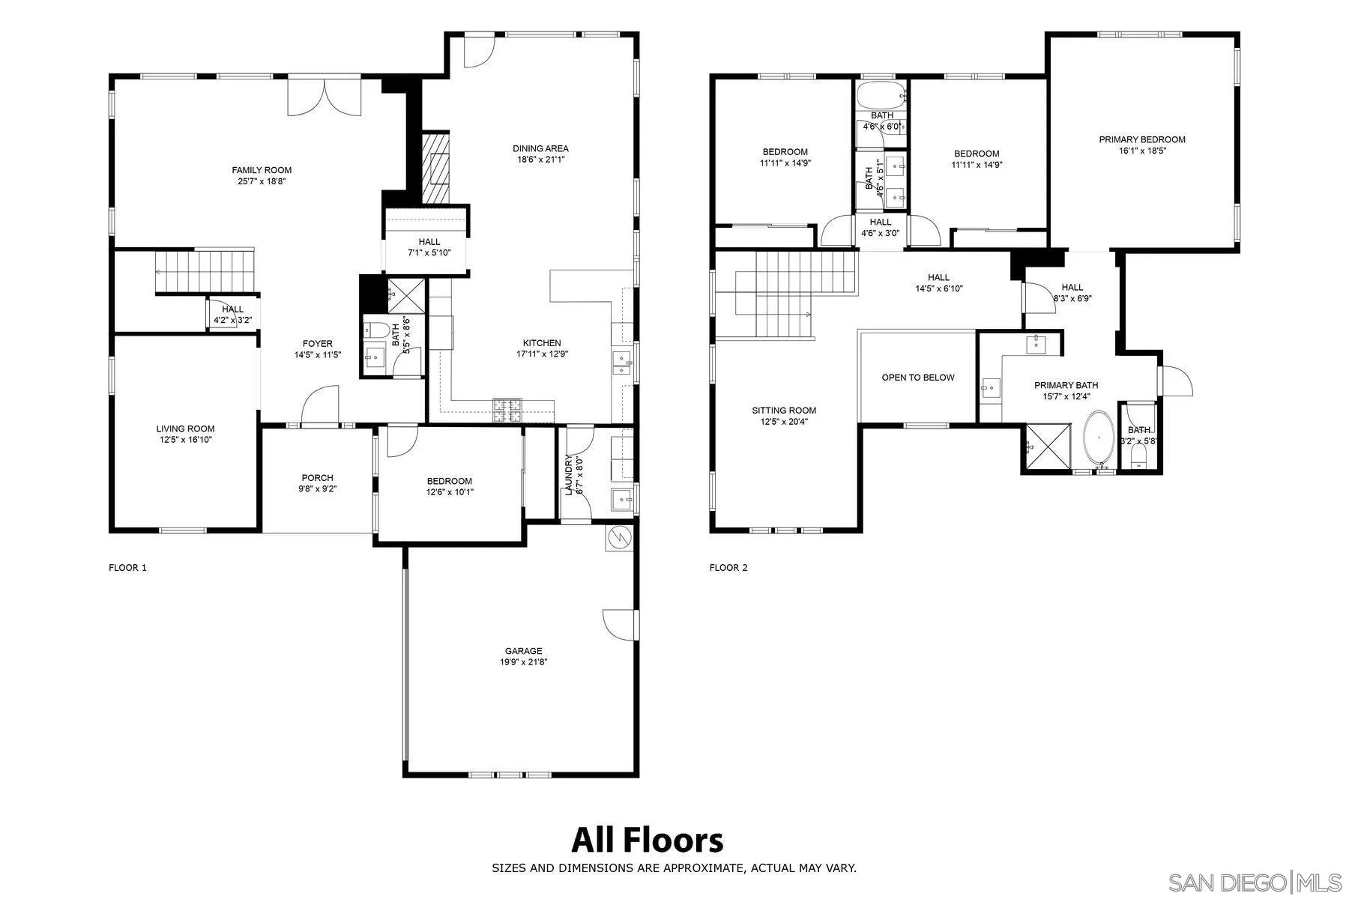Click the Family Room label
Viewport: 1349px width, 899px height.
coord(262,170)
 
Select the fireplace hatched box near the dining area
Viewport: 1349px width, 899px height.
coord(435,168)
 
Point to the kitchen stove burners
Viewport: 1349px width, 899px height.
coord(507,410)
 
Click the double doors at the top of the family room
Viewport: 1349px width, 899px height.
coord(325,96)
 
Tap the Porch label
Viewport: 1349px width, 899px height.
coord(317,478)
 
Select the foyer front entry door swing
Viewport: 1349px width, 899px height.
coord(320,405)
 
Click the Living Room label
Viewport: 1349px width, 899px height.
coord(185,429)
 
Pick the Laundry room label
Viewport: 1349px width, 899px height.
coord(569,475)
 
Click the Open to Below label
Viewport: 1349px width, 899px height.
coord(918,378)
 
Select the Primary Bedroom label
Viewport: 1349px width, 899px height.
coord(1142,139)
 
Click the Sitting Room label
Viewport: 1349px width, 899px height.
coord(784,411)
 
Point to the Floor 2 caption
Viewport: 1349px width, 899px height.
coord(728,568)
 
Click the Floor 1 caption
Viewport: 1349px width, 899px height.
coord(127,568)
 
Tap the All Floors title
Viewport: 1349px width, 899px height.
coord(648,840)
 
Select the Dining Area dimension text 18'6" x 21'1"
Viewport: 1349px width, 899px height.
coord(540,160)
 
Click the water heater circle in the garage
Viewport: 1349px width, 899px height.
coord(620,537)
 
